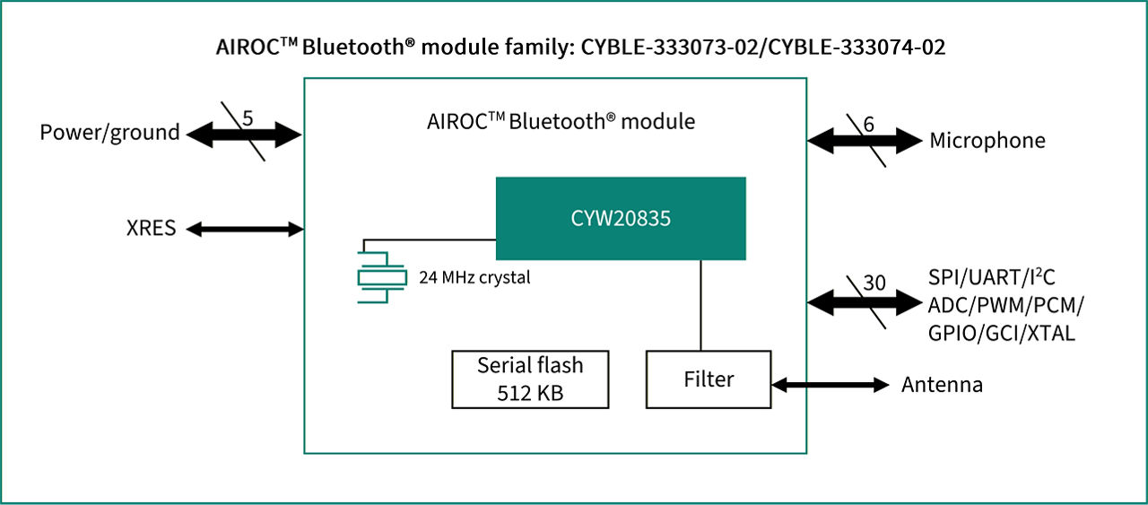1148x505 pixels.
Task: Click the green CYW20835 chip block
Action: tap(621, 218)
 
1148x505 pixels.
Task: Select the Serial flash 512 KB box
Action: tap(529, 379)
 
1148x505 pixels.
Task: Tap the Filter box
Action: tap(708, 379)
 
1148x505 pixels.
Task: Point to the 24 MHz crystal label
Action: tap(474, 277)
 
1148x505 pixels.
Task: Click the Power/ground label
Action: tap(109, 133)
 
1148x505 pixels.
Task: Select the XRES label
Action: tap(151, 229)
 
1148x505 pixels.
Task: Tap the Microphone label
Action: tap(987, 140)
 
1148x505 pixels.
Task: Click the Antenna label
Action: tap(942, 385)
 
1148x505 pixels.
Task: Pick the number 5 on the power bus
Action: tap(248, 118)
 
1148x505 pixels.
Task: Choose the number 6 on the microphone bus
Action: tap(867, 126)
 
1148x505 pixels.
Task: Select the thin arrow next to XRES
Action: tap(245, 230)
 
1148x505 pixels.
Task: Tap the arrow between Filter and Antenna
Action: tap(829, 385)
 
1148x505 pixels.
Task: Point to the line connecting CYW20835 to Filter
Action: tap(700, 305)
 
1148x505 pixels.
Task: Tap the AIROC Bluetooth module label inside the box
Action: tap(561, 121)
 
